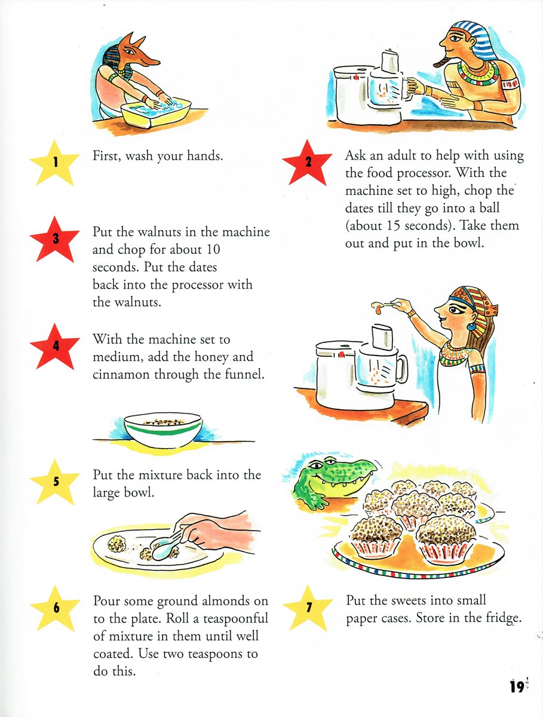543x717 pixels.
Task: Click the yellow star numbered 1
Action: (55, 163)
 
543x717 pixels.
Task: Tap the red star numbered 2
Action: (307, 163)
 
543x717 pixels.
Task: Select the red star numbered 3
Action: (55, 239)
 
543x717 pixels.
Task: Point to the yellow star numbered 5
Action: (55, 482)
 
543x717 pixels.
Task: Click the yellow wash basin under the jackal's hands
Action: (156, 113)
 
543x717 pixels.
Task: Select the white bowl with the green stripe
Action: (163, 430)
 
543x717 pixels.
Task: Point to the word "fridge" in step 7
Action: (502, 618)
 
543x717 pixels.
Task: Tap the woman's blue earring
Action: (471, 326)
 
